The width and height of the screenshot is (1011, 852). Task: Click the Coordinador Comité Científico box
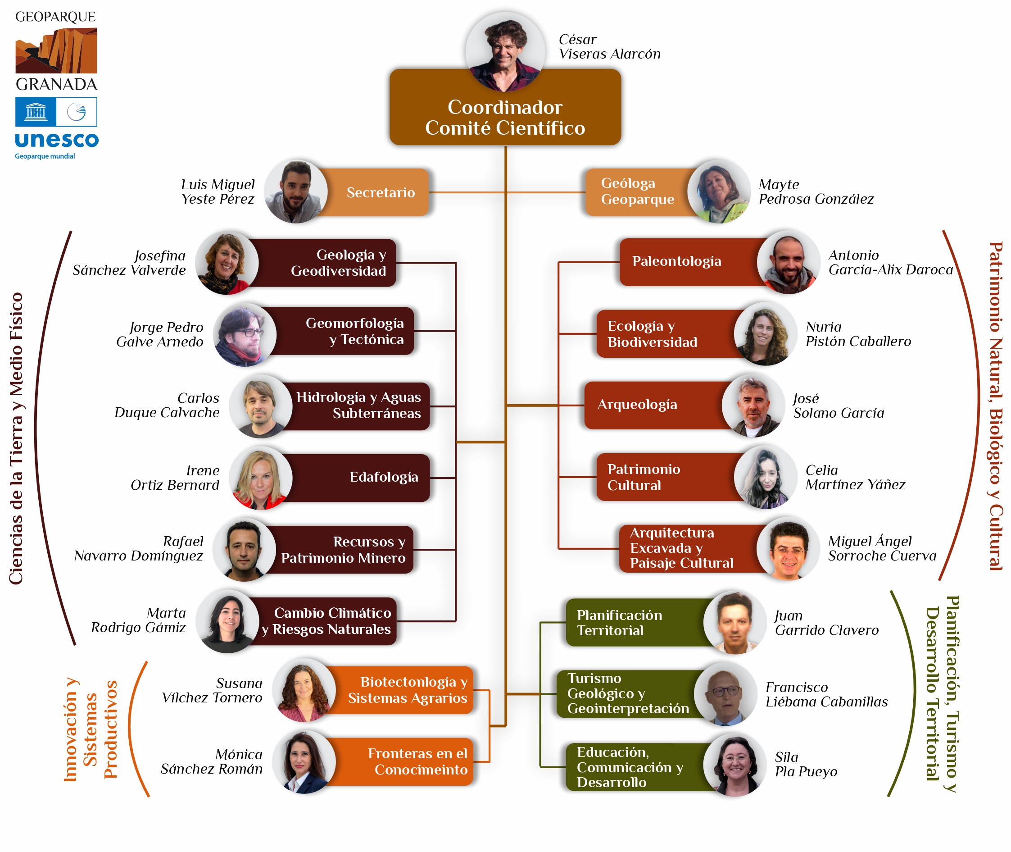(504, 117)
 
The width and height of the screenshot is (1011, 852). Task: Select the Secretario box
(380, 192)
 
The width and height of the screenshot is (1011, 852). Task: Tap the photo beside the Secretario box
(295, 192)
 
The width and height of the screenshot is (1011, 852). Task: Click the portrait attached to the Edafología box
(260, 478)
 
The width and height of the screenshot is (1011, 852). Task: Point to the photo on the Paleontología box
(788, 262)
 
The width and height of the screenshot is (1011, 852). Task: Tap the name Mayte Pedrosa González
(816, 192)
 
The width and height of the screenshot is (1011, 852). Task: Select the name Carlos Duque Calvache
(167, 405)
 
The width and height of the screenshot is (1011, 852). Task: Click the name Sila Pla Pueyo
(805, 764)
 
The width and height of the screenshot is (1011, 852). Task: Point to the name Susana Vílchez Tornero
(212, 690)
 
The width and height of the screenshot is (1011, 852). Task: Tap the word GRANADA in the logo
(56, 85)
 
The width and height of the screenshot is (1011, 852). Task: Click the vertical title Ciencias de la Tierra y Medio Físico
(16, 438)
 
